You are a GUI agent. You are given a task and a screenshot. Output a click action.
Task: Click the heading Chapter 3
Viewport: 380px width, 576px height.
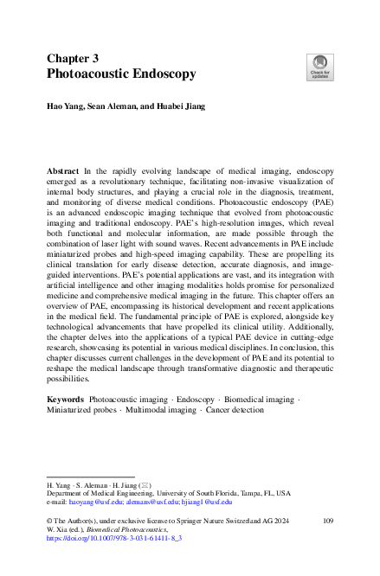click(x=74, y=57)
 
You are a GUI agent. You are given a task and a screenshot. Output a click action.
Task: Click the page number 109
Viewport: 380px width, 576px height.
click(x=327, y=520)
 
